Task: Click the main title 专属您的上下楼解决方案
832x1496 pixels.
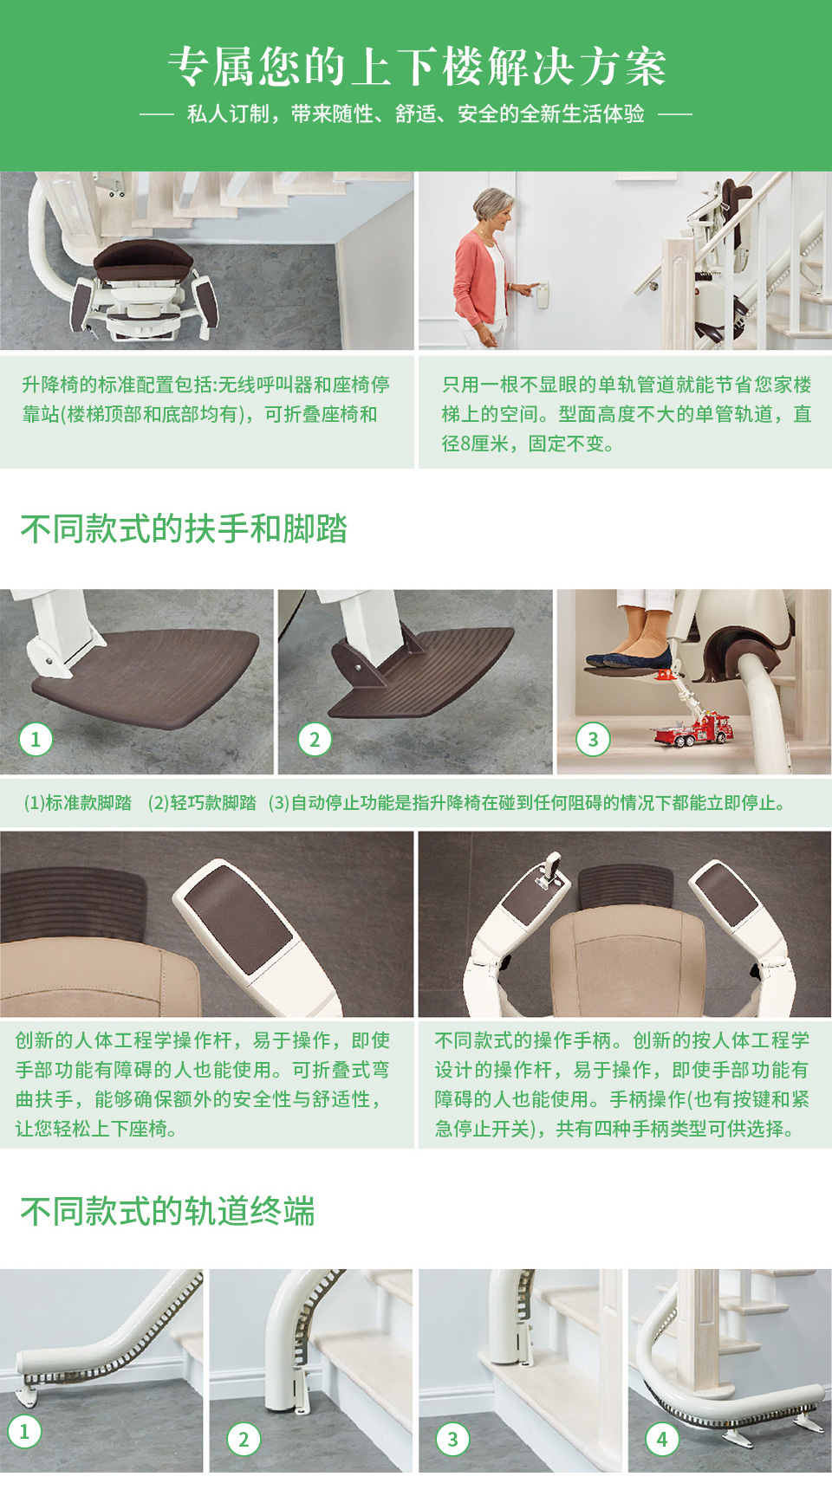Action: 416,67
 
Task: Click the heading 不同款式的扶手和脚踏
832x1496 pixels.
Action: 184,528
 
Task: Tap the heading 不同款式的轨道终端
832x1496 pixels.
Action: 167,1211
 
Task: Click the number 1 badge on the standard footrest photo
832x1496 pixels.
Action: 36,739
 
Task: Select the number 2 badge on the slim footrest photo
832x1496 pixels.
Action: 315,739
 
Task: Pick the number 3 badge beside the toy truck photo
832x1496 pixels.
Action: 593,739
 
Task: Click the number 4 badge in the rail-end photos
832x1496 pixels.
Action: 662,1439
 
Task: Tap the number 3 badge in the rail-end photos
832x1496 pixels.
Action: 452,1439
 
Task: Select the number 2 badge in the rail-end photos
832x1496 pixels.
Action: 243,1439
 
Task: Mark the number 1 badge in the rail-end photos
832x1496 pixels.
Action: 24,1431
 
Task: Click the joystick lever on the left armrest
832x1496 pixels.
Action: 549,869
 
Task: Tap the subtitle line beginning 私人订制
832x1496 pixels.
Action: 416,114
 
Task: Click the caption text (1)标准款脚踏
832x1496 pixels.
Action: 77,803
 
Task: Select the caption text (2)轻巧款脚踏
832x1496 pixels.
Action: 202,803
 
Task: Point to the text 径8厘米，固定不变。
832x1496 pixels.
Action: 528,444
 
